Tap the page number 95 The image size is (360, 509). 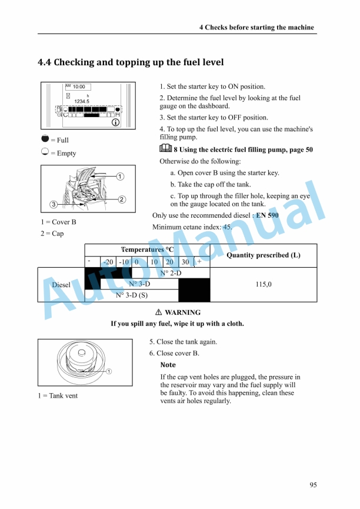click(x=313, y=485)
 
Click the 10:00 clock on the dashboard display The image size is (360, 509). click(x=79, y=87)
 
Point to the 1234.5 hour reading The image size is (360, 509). click(x=82, y=101)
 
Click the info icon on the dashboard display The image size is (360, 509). click(x=115, y=122)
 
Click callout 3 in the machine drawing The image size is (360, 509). click(x=54, y=204)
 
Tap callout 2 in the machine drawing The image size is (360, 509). click(x=122, y=199)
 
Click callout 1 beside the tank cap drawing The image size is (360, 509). click(x=109, y=371)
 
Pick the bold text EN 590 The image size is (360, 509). click(x=267, y=215)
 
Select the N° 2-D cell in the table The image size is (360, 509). click(x=171, y=273)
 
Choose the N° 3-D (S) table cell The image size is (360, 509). click(x=131, y=295)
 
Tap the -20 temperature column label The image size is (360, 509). click(x=108, y=262)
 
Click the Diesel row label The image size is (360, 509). click(x=61, y=284)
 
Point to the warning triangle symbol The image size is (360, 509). click(x=159, y=312)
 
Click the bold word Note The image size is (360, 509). click(x=168, y=365)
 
